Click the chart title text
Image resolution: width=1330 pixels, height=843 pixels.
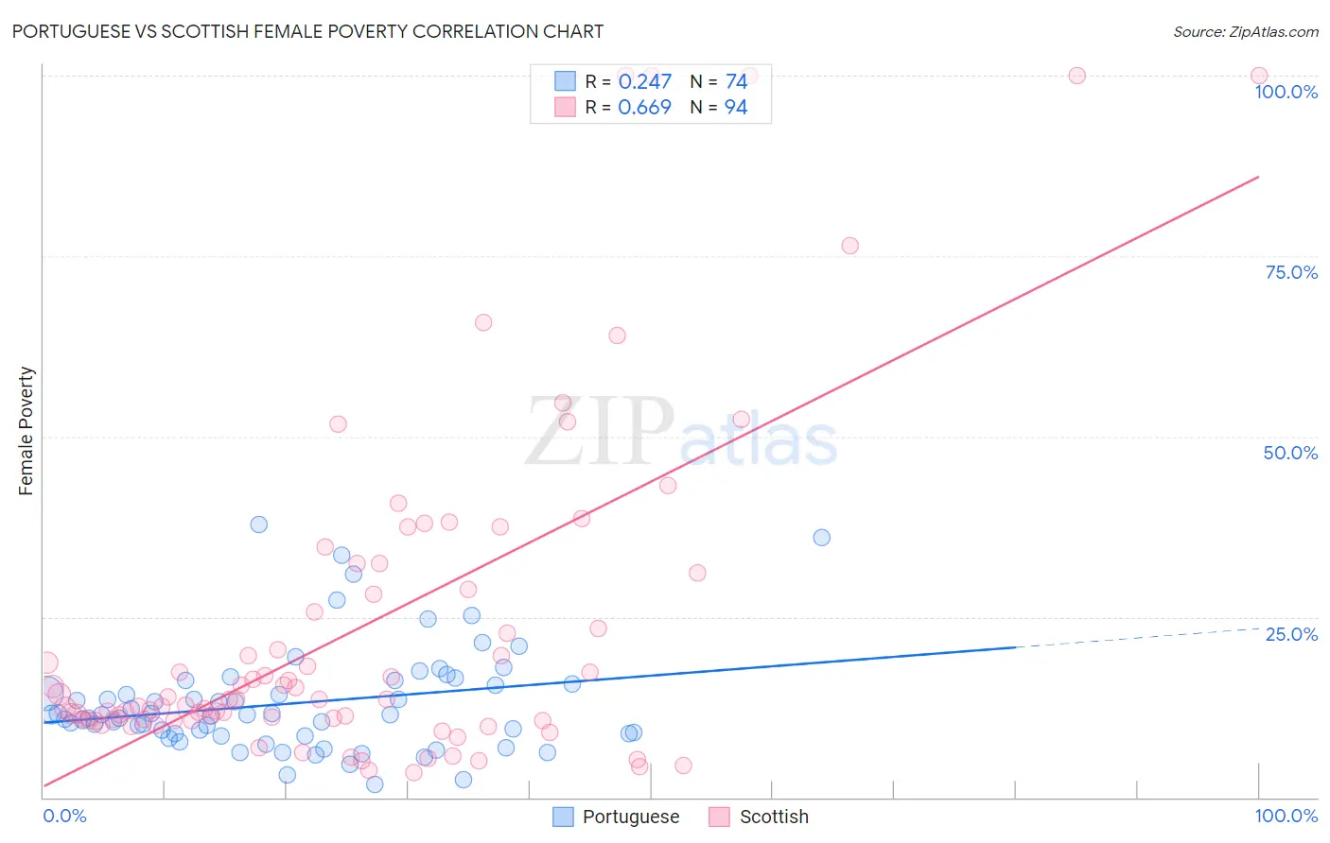point(307,31)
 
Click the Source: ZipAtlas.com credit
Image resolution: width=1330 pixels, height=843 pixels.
point(1245,31)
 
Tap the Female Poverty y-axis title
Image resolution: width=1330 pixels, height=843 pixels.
point(26,431)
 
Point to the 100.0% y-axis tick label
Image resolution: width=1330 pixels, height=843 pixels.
point(1286,92)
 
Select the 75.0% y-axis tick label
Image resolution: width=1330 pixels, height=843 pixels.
point(1291,272)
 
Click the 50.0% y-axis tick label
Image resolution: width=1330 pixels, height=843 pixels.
point(1290,453)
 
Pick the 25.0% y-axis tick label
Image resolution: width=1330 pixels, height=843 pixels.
point(1291,633)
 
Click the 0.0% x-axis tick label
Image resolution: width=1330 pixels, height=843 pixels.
point(64,816)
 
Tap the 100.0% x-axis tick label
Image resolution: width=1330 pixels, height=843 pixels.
point(1286,816)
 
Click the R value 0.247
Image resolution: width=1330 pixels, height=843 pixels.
point(644,82)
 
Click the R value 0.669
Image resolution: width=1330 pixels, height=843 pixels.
point(644,108)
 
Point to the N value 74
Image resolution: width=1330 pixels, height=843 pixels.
point(736,82)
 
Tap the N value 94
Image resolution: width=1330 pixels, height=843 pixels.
point(736,108)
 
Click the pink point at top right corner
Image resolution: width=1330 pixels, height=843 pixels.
point(1259,76)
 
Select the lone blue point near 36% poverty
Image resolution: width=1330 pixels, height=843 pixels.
point(821,538)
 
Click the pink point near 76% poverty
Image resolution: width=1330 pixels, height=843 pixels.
point(849,246)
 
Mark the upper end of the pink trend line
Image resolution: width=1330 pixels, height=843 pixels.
point(1258,177)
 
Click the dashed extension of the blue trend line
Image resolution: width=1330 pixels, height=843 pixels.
point(1135,638)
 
